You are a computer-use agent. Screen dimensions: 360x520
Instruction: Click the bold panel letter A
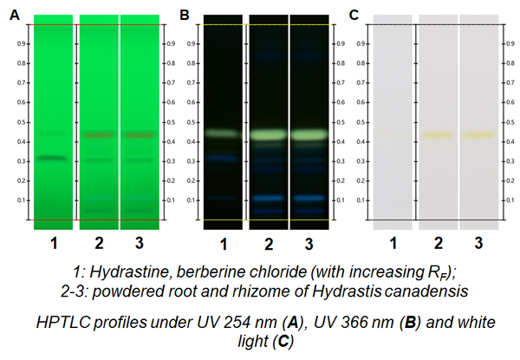[x=14, y=13]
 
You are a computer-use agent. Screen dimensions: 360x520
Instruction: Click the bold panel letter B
[x=184, y=13]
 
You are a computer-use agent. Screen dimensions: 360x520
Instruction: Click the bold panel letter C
[x=354, y=13]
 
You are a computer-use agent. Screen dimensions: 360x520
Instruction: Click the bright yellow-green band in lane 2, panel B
[x=267, y=135]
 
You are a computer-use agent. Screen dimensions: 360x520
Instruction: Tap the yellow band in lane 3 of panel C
[x=478, y=135]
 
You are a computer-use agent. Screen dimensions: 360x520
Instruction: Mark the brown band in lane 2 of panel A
[x=98, y=134]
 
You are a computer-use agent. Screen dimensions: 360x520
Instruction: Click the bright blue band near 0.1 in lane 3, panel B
[x=309, y=198]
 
